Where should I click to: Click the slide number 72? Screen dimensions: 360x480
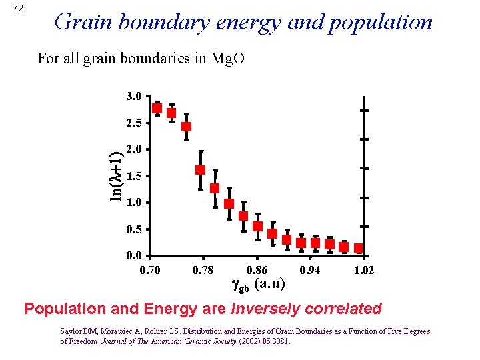point(18,8)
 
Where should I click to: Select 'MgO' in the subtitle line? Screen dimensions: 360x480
point(228,58)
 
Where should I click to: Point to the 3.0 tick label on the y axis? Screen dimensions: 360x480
point(133,96)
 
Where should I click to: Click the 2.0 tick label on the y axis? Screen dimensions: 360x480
point(133,149)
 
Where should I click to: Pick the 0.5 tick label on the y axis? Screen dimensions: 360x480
point(133,229)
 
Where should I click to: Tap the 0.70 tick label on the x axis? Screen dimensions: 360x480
point(149,270)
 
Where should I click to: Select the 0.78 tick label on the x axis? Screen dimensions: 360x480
point(203,270)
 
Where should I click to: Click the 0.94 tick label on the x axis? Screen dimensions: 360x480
point(311,270)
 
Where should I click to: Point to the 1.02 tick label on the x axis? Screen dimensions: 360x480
point(364,270)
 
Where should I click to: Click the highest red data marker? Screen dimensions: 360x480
point(157,108)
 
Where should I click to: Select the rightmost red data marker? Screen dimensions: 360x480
point(359,249)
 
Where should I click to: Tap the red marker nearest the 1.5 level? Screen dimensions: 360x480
point(200,170)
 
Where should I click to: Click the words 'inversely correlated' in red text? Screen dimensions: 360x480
point(306,309)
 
